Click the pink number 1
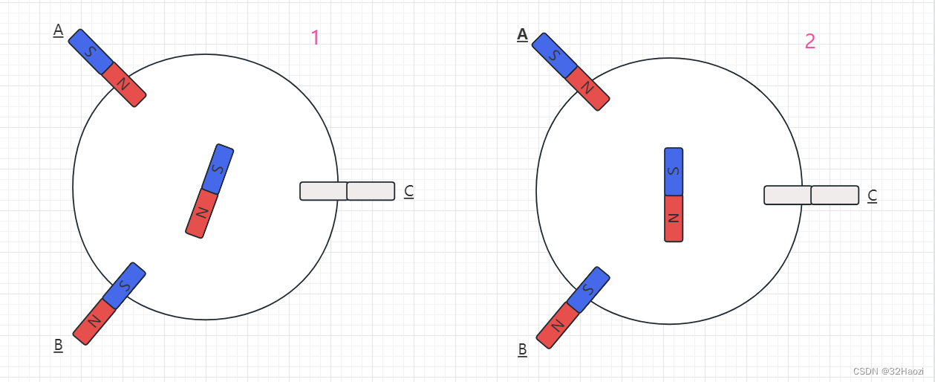pos(315,37)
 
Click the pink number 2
pos(809,41)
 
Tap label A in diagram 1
pos(58,30)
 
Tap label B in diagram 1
pos(58,345)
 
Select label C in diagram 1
pos(408,191)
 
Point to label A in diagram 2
pos(522,34)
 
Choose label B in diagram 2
pos(522,349)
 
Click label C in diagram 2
pos(873,195)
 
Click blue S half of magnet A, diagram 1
pos(91,51)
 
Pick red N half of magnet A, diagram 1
pos(124,85)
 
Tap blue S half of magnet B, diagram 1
pos(125,285)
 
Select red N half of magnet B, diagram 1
pos(94,322)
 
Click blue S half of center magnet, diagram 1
pos(218,169)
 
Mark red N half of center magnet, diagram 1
pos(201,213)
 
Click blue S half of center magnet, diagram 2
pos(674,171)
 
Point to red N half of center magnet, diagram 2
pos(674,218)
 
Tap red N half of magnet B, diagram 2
pos(557,326)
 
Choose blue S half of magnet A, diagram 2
pos(554,55)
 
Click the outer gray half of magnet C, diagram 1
pos(371,191)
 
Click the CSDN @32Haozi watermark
pos(888,371)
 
